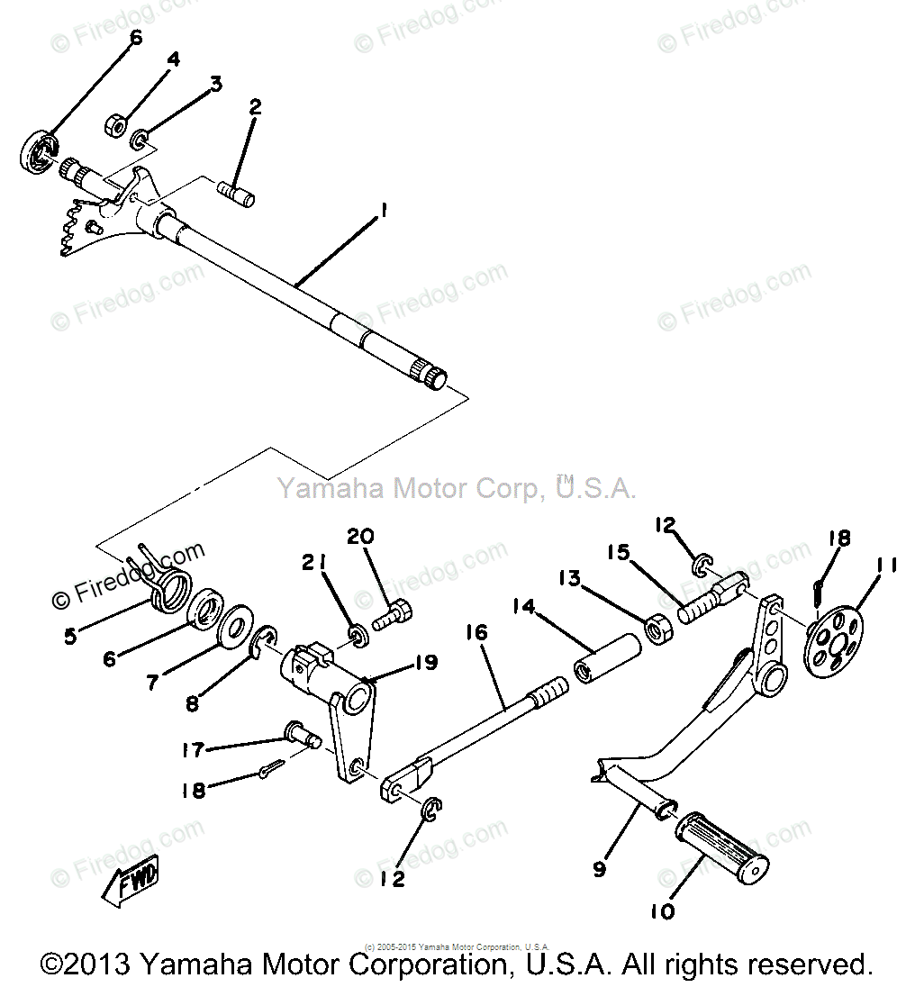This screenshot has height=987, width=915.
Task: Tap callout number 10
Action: point(662,911)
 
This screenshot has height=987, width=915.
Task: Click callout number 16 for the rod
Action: point(476,633)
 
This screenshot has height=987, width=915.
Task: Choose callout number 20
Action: point(360,537)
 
